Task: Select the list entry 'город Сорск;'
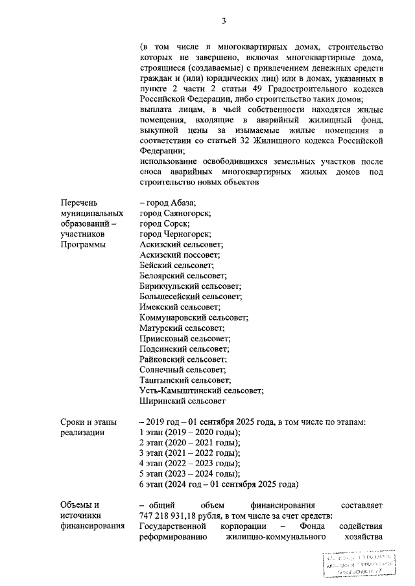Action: tap(165, 223)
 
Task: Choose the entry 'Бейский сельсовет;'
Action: tap(176, 265)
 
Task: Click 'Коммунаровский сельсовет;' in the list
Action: tap(194, 317)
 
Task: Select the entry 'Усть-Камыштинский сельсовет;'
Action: tap(202, 390)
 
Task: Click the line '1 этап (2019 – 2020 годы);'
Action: tap(190, 432)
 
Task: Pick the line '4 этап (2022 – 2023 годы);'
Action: tap(190, 463)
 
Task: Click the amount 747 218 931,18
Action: tap(171, 515)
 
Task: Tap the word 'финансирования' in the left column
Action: tap(92, 526)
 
